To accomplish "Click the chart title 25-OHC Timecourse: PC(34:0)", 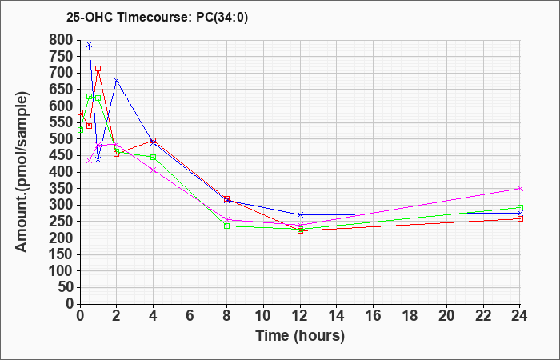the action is (x=157, y=17).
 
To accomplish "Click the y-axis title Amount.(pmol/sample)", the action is (x=22, y=172).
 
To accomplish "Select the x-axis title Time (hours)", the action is (x=300, y=336).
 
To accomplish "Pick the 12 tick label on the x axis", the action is (x=300, y=316).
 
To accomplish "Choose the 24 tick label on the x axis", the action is (x=520, y=316).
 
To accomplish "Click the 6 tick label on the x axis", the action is (x=190, y=316).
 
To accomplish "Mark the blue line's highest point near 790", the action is (x=90, y=45).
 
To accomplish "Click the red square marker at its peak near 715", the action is (x=98, y=69).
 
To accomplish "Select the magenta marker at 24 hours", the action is (x=520, y=188).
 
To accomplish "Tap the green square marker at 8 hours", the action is (x=226, y=226).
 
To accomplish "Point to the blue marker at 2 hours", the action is (x=117, y=80).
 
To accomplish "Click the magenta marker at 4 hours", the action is (x=154, y=170).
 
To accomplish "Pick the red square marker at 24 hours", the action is (x=520, y=218).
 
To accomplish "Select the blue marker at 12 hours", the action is (x=300, y=214).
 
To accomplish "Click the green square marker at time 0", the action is (x=80, y=130).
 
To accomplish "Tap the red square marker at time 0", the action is (x=80, y=113).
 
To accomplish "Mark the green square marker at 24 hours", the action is (x=520, y=208).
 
